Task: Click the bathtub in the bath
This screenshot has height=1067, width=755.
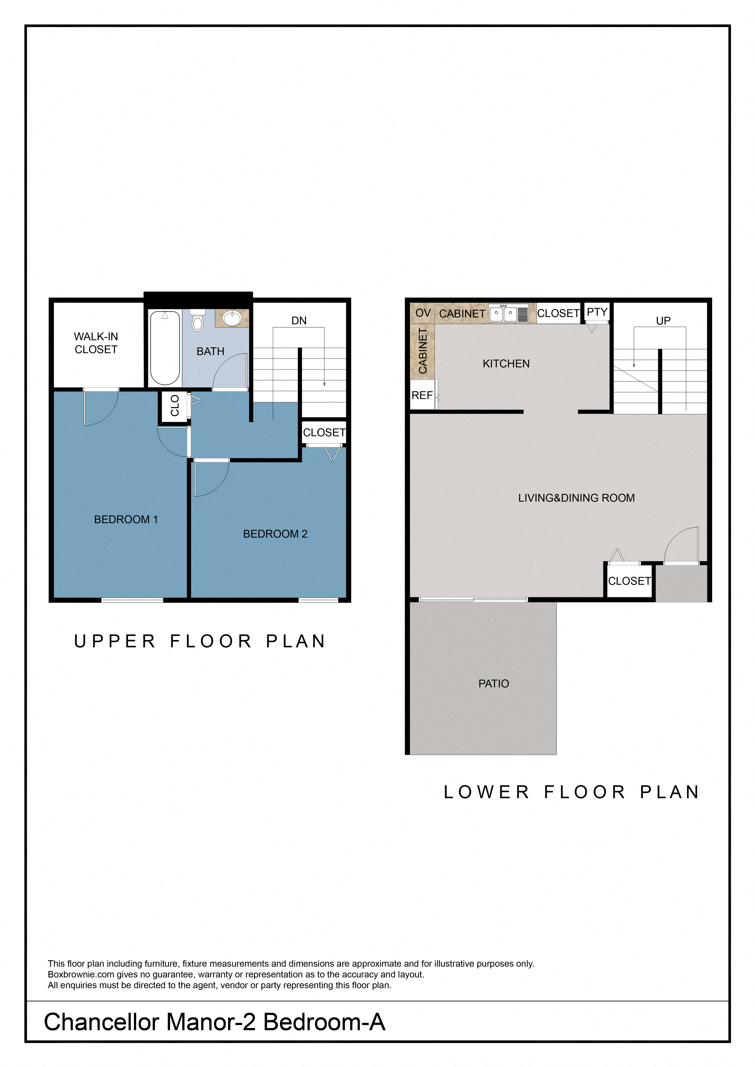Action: pos(165,348)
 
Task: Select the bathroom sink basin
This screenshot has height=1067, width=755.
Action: pos(231,318)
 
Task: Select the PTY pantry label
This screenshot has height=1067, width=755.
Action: pos(597,312)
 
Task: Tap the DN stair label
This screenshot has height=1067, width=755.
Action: pos(299,321)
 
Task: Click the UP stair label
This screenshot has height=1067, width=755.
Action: pos(663,321)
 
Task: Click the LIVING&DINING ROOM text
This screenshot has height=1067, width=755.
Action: pos(576,498)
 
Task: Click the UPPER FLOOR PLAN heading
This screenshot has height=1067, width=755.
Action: pos(200,641)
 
